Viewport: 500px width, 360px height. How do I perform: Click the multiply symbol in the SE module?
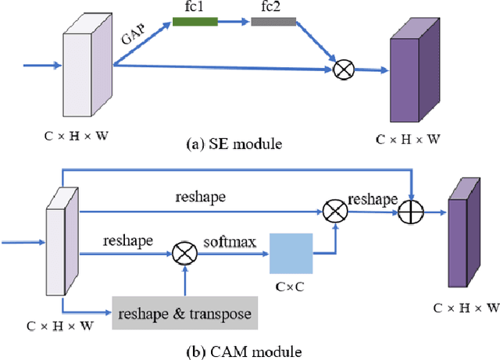(341, 70)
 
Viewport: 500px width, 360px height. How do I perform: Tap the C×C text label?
(291, 287)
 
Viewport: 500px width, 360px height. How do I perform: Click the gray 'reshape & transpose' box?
(184, 314)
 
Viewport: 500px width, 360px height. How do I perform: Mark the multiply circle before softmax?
(185, 252)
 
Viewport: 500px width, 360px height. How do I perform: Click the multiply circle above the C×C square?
(336, 210)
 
